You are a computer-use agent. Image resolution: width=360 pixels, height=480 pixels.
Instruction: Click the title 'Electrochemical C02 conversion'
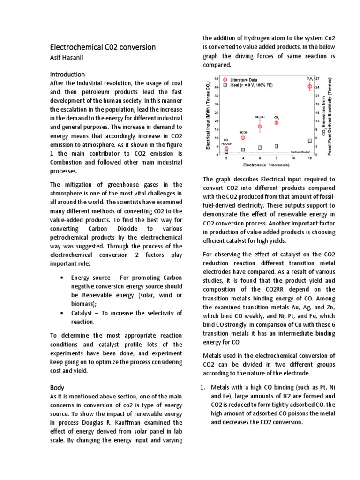pyautogui.click(x=103, y=47)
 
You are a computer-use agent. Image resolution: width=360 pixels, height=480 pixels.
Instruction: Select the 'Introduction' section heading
pyautogui.click(x=67, y=74)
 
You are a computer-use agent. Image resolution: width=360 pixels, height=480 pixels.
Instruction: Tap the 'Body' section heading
pyautogui.click(x=57, y=388)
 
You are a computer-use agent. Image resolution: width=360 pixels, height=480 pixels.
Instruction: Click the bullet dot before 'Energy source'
pyautogui.click(x=63, y=277)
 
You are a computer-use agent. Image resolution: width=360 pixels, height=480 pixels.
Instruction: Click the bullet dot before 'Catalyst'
pyautogui.click(x=63, y=313)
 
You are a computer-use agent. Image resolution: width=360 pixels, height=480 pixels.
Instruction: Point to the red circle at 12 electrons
pyautogui.click(x=309, y=87)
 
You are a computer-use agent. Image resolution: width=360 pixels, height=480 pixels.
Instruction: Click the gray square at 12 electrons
pyautogui.click(x=309, y=141)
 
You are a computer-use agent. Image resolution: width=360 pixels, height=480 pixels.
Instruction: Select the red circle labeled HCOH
pyautogui.click(x=243, y=138)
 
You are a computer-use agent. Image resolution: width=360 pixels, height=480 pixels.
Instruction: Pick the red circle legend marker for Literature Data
pyautogui.click(x=225, y=80)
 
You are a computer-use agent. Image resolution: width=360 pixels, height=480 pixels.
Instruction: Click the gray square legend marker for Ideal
pyautogui.click(x=225, y=86)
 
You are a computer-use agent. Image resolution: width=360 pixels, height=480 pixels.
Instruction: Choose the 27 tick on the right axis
pyautogui.click(x=318, y=78)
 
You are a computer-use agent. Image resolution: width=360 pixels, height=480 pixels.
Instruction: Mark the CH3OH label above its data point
pyautogui.click(x=260, y=117)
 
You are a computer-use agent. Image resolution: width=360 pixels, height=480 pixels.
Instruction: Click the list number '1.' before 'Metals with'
pyautogui.click(x=203, y=388)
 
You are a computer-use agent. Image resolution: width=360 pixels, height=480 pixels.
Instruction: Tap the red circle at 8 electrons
pyautogui.click(x=276, y=123)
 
